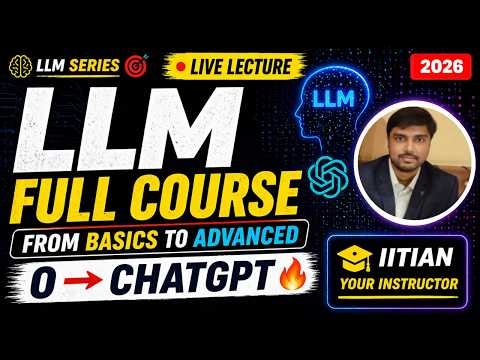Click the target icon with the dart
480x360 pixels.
136,66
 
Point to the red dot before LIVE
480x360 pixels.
183,66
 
